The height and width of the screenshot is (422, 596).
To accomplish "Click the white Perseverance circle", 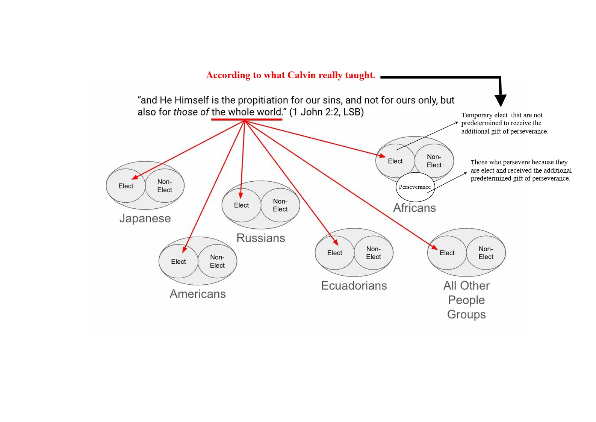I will (x=415, y=187).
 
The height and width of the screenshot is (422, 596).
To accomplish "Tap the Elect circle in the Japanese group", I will (x=126, y=186).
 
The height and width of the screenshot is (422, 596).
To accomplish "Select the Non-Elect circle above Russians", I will (x=280, y=205).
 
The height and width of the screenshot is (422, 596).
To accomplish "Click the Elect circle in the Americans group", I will (x=178, y=261).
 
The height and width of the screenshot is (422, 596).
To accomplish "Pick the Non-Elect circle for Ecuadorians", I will (x=374, y=253).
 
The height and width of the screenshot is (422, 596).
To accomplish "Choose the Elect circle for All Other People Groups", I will (x=447, y=253).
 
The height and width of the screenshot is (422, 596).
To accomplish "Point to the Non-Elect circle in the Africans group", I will (x=434, y=161).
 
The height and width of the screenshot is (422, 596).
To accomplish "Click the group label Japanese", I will (x=145, y=218).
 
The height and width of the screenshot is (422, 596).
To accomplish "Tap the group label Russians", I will (x=261, y=238).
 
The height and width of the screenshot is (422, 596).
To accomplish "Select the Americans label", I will (x=198, y=294).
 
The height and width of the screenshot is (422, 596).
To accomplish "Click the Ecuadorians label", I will (x=354, y=285).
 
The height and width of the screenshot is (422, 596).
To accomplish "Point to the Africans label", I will (x=414, y=208).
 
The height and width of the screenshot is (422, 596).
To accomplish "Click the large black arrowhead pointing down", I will (x=500, y=100).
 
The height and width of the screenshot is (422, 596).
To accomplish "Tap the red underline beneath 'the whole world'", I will (x=247, y=119).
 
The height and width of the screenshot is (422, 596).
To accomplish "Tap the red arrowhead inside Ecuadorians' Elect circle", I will (x=336, y=243).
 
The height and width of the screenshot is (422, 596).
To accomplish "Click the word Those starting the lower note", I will (x=479, y=162).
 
